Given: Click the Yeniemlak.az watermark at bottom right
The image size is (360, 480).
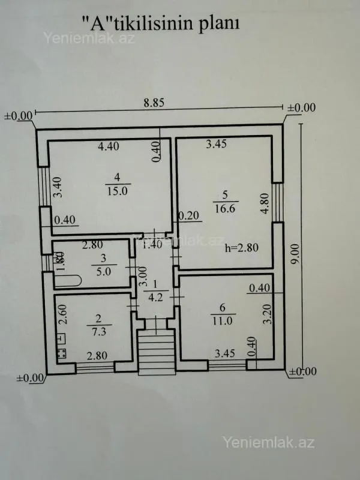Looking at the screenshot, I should (x=268, y=443).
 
